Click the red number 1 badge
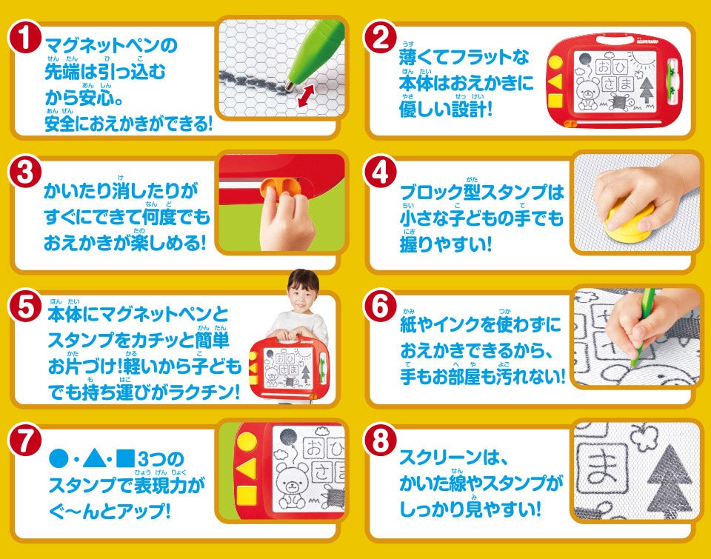[25, 38]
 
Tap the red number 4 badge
[380, 173]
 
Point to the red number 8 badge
[380, 441]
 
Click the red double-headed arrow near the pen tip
[306, 96]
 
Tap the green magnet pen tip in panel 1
[289, 85]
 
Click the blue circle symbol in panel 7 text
[58, 459]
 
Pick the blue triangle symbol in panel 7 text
[94, 458]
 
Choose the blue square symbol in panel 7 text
[126, 458]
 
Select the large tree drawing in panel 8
[670, 481]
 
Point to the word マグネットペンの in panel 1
[112, 46]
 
